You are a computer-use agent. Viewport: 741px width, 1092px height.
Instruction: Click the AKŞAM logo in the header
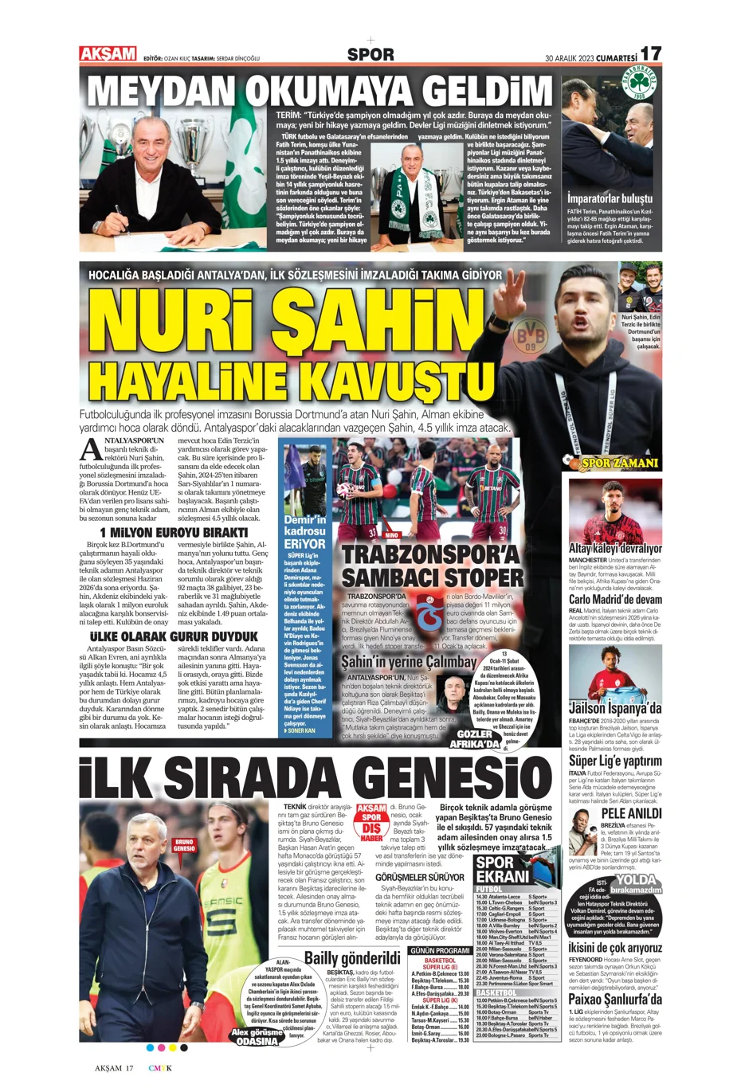108,54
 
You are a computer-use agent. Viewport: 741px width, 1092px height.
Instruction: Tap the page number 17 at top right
650,53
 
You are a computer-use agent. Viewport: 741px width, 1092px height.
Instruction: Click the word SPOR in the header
370,55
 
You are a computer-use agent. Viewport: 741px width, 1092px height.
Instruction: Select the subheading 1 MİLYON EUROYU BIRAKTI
174,532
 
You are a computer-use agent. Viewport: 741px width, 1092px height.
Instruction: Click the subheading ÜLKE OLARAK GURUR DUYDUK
174,636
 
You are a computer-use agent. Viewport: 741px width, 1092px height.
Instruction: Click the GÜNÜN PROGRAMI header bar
440,950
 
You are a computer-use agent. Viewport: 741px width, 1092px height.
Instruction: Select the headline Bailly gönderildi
352,957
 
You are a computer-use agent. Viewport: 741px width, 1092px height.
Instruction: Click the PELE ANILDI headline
631,813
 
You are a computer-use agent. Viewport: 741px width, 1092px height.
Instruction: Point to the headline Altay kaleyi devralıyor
615,549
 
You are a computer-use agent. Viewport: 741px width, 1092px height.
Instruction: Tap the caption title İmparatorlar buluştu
610,198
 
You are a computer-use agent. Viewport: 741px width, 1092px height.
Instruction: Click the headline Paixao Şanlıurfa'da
615,999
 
